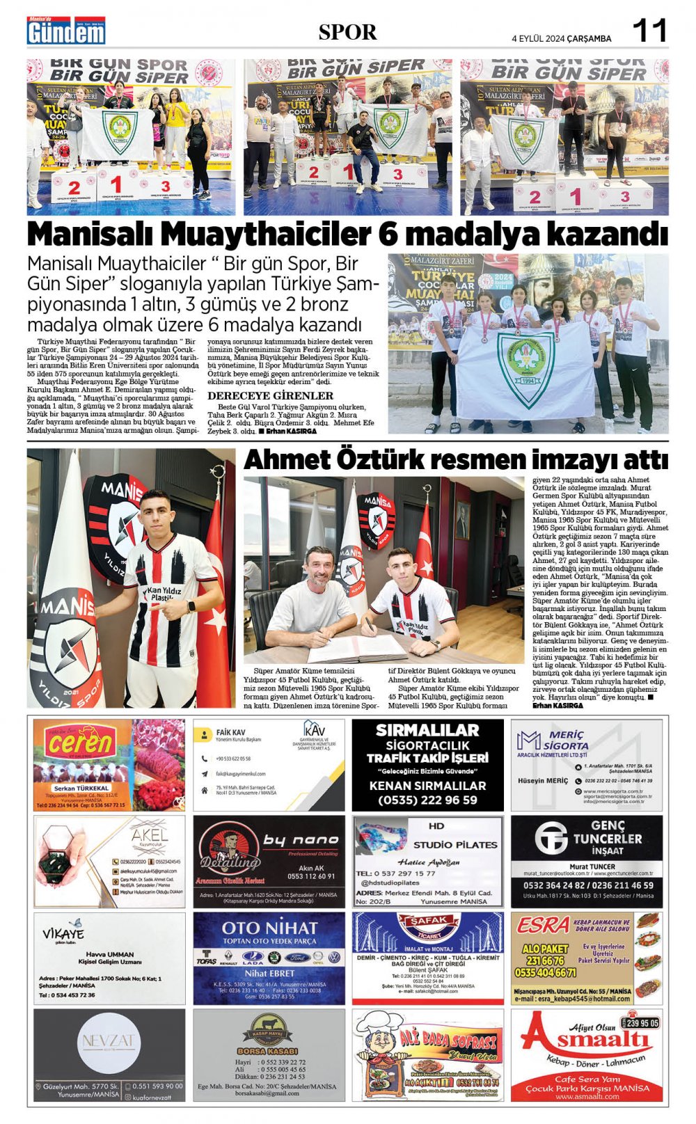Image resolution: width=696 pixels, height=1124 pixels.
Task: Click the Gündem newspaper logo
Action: (x=66, y=31)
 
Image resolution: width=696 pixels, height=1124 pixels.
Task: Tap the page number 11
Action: (x=649, y=31)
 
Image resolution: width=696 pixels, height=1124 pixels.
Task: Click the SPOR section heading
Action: (x=347, y=32)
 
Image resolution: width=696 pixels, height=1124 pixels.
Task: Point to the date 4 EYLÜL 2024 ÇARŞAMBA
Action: (x=561, y=38)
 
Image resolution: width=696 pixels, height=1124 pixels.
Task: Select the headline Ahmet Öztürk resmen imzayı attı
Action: (x=455, y=460)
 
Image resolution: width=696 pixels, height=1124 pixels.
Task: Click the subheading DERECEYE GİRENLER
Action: (x=271, y=395)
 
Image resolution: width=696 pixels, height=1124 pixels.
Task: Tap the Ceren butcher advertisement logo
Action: (x=81, y=743)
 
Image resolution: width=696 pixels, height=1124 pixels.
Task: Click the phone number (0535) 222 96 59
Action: (x=427, y=800)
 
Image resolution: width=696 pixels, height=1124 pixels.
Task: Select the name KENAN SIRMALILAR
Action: (x=427, y=786)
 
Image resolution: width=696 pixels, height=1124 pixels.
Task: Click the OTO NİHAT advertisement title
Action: (x=269, y=928)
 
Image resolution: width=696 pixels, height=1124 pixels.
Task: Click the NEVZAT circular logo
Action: (x=109, y=1042)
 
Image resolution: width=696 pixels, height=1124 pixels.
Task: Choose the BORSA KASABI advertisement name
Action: (x=267, y=1050)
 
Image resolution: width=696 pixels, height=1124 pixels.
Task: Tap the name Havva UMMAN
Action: (x=109, y=954)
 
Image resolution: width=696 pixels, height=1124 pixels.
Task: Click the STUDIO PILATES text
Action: (x=455, y=845)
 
